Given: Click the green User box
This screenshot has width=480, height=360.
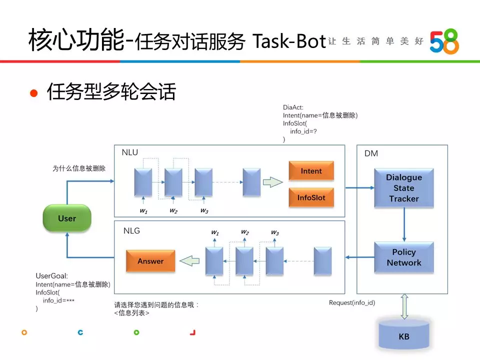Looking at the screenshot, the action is click(x=67, y=218).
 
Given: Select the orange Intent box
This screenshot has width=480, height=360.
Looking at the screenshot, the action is click(x=311, y=171).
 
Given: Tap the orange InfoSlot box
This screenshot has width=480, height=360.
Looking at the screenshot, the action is click(x=311, y=197).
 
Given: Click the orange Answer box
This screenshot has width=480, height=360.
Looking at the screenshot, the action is click(x=150, y=261).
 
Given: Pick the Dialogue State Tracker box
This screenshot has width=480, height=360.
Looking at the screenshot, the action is click(x=404, y=188).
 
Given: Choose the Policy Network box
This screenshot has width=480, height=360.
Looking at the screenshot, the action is click(x=404, y=257).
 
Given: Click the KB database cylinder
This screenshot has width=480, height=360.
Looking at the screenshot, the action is click(x=404, y=334).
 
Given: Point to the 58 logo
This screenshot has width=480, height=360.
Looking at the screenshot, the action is click(x=444, y=41).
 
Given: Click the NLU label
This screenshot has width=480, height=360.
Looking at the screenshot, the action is click(x=130, y=152).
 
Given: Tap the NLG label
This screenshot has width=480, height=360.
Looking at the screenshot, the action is click(x=131, y=230).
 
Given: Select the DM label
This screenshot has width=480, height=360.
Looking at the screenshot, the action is click(x=371, y=153).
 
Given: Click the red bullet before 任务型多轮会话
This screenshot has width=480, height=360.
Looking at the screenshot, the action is click(x=33, y=93).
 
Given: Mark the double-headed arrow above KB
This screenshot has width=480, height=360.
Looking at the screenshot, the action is click(x=404, y=306).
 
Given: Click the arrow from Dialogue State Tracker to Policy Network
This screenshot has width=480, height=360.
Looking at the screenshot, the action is click(x=404, y=224).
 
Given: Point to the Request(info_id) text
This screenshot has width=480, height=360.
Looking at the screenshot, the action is click(x=352, y=303).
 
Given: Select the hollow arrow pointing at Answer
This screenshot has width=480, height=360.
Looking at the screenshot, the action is click(x=189, y=261).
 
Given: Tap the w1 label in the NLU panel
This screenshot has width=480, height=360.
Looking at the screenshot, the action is click(x=143, y=210).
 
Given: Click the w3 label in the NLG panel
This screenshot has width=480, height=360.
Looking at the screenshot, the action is click(x=275, y=232).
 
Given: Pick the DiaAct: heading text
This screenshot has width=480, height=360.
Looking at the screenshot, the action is click(x=293, y=107).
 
